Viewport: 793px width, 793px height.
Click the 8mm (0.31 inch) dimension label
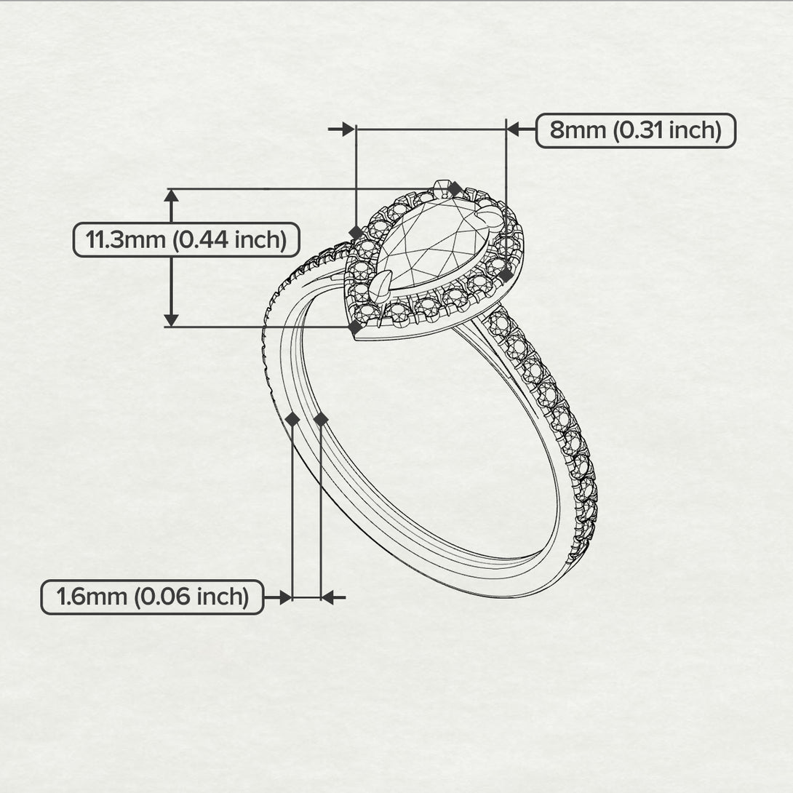pyautogui.click(x=635, y=131)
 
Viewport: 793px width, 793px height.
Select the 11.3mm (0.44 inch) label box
pyautogui.click(x=186, y=239)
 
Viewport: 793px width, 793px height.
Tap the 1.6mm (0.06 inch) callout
pyautogui.click(x=152, y=597)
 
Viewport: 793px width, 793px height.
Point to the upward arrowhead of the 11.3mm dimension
pyautogui.click(x=171, y=196)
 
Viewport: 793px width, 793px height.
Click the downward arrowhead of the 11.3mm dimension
pyautogui.click(x=171, y=319)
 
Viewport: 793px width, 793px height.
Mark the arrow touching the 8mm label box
pyautogui.click(x=513, y=129)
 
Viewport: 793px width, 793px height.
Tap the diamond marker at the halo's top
pyautogui.click(x=455, y=188)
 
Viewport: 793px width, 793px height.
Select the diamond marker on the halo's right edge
pyautogui.click(x=506, y=275)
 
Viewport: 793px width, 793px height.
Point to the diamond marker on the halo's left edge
pyautogui.click(x=356, y=232)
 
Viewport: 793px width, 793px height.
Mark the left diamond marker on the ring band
pyautogui.click(x=292, y=419)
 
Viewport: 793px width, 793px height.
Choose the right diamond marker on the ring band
pyautogui.click(x=321, y=419)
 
